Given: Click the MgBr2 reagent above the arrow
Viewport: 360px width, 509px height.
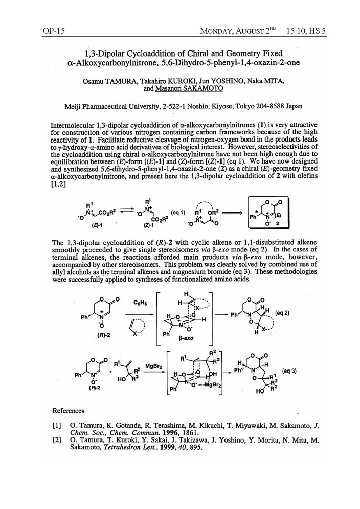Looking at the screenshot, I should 154,366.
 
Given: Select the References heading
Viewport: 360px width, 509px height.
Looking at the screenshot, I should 69,410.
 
